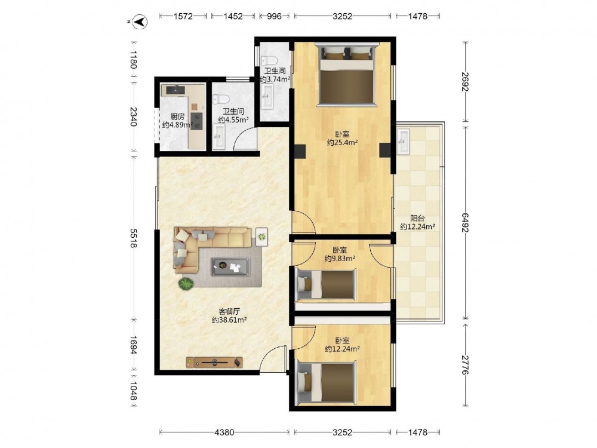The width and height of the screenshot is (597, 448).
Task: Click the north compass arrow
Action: pos(141,22)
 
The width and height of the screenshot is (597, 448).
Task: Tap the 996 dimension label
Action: pos(274,16)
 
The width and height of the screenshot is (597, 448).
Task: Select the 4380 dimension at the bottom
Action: pos(224,432)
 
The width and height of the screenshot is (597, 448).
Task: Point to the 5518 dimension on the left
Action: pos(133,238)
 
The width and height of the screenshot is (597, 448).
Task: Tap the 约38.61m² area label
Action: pos(229,320)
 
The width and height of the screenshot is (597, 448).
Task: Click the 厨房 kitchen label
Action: pos(177,116)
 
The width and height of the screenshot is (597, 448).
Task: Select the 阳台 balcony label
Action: pos(418,218)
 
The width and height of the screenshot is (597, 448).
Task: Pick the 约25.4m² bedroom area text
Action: pos(342,143)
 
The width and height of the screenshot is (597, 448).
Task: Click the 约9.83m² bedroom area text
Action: pos(340,259)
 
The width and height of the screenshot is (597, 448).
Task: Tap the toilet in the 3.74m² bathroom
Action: pos(269,60)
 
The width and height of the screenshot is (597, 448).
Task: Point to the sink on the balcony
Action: pos(403,142)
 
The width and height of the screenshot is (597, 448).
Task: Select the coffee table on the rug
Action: pos(230,266)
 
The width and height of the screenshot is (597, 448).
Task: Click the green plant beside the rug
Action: pos(186,284)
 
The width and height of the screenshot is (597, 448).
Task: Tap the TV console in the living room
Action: pos(214,362)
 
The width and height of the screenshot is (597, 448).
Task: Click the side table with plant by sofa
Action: pos(261,237)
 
